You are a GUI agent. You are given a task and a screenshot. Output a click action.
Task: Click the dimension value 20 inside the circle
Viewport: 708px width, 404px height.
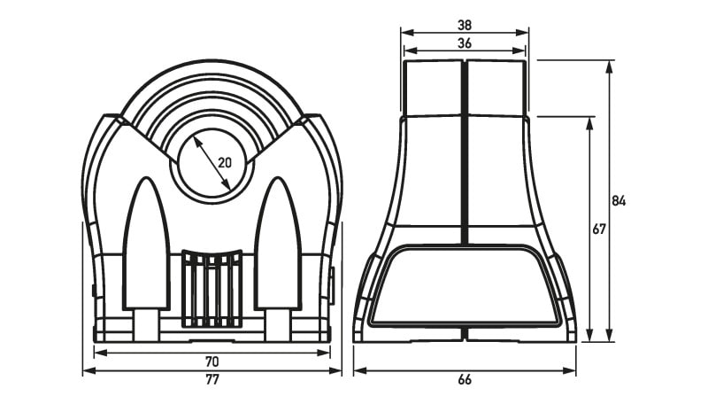pyautogui.click(x=225, y=162)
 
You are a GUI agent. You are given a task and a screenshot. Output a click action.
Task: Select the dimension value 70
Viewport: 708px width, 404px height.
pyautogui.click(x=212, y=361)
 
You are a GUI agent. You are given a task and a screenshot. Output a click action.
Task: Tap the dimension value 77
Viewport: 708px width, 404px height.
pyautogui.click(x=212, y=379)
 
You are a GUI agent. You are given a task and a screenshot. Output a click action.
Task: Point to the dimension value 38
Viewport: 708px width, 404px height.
pyautogui.click(x=464, y=25)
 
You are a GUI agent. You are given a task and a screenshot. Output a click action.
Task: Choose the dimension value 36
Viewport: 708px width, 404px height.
pyautogui.click(x=464, y=43)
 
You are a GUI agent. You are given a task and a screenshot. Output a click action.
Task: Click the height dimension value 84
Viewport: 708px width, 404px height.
pyautogui.click(x=619, y=201)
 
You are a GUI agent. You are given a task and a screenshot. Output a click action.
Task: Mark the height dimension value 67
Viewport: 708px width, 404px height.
pyautogui.click(x=599, y=229)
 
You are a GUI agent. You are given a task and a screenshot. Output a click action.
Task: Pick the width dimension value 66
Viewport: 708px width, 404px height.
pyautogui.click(x=464, y=379)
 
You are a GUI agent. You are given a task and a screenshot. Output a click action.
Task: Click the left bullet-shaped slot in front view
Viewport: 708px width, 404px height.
pyautogui.click(x=146, y=244)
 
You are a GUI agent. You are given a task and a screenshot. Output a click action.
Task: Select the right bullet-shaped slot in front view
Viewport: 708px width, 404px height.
pyautogui.click(x=278, y=244)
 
